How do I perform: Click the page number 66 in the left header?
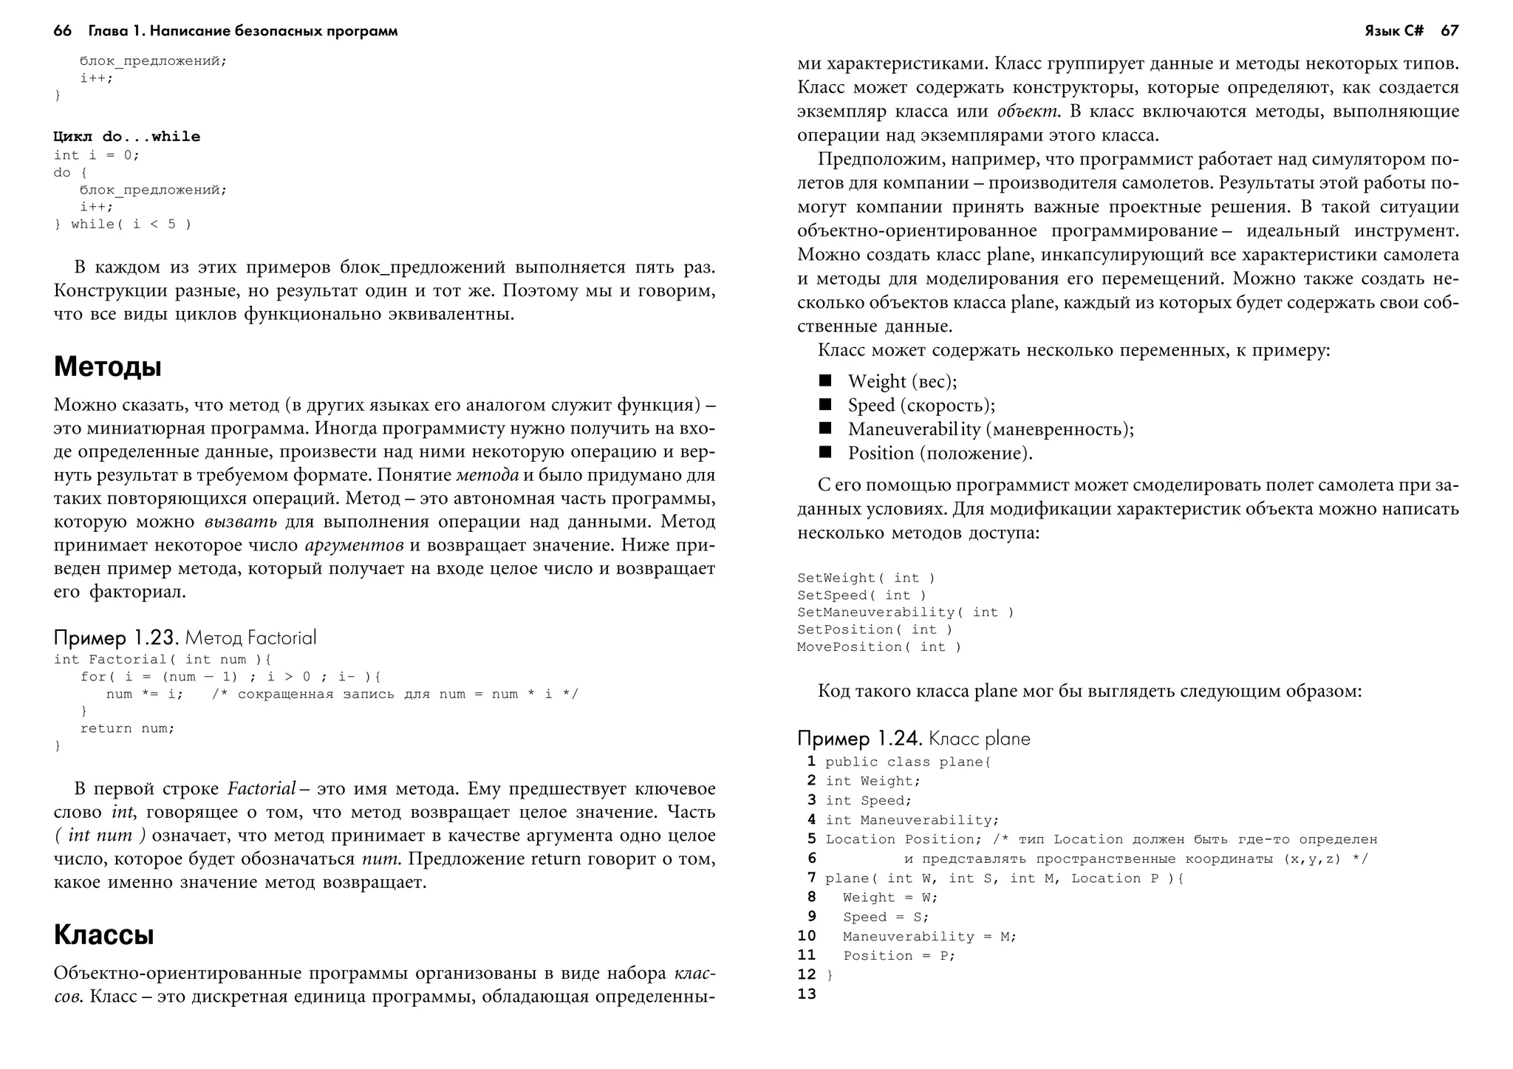click(63, 31)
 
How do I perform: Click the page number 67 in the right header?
click(1449, 31)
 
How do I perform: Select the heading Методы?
click(108, 367)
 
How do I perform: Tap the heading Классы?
click(104, 935)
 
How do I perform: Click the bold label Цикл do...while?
click(127, 137)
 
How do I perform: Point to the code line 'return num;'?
click(127, 728)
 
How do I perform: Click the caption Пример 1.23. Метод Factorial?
click(185, 638)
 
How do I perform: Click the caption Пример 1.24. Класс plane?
click(913, 738)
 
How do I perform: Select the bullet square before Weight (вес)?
click(825, 380)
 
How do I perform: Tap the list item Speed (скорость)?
click(921, 406)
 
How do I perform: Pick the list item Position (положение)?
click(940, 453)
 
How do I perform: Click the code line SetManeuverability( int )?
click(905, 612)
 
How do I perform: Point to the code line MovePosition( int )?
click(879, 647)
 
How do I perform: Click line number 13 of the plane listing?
click(807, 994)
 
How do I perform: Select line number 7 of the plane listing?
click(811, 878)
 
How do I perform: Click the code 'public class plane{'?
click(907, 762)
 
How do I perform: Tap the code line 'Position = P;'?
click(898, 956)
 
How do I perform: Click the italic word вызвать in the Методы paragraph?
click(241, 522)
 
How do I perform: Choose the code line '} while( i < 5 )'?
click(123, 225)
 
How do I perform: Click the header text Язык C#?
click(1393, 31)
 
